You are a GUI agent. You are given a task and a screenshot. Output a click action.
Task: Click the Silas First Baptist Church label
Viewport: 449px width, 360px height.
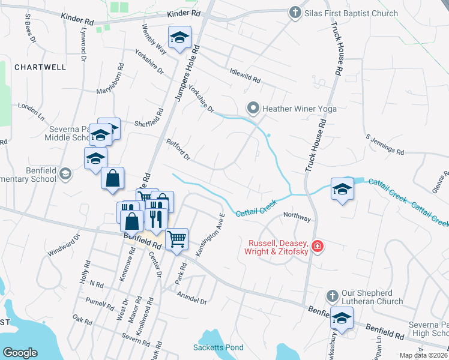pos(351,13)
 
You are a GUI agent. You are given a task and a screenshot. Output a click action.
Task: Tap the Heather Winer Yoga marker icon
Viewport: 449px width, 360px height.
pos(253,109)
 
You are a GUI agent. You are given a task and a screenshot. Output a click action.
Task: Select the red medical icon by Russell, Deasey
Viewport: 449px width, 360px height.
pos(318,246)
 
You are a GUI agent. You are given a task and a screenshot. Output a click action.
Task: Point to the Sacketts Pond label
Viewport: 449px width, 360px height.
pos(218,347)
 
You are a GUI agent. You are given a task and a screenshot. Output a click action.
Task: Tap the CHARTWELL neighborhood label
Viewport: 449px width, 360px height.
pos(40,67)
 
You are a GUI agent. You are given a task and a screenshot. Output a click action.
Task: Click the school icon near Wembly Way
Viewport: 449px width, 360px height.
pos(179,38)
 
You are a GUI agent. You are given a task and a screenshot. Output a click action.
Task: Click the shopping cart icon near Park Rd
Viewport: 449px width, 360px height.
pos(177,239)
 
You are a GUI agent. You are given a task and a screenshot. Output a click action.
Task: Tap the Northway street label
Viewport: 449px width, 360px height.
pos(298,217)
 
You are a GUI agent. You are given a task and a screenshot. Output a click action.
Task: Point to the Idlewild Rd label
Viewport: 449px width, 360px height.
pos(245,76)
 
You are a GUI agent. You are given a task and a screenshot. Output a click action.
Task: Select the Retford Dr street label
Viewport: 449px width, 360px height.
pos(178,149)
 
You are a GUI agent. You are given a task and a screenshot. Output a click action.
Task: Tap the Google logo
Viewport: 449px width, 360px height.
pos(20,353)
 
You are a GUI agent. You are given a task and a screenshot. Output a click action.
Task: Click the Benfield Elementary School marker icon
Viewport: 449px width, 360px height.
pos(65,175)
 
